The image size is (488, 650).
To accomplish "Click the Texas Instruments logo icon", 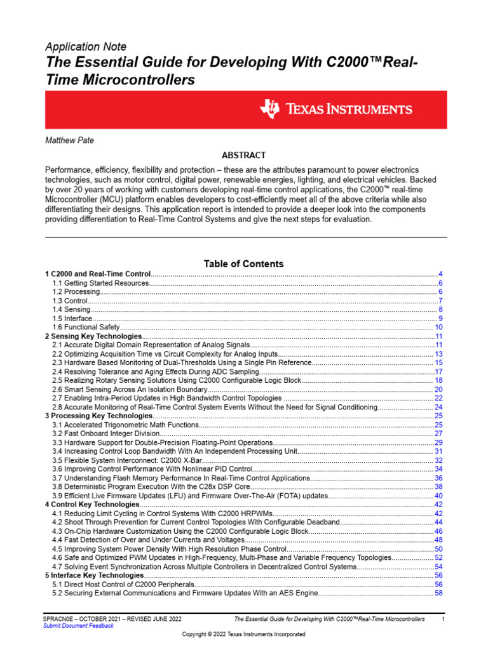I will (269, 109).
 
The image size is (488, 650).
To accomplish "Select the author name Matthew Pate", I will (70, 140).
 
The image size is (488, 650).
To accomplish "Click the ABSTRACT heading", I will (243, 156).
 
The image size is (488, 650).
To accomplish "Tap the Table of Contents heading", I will (243, 263).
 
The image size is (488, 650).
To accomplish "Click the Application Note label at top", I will (86, 47).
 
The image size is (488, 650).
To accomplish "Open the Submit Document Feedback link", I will (78, 626).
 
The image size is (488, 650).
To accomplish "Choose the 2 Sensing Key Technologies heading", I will (93, 336).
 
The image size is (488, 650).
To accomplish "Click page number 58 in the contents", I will (438, 593).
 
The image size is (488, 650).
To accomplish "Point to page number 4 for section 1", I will (440, 274).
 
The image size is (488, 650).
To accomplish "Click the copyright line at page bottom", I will (243, 634).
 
